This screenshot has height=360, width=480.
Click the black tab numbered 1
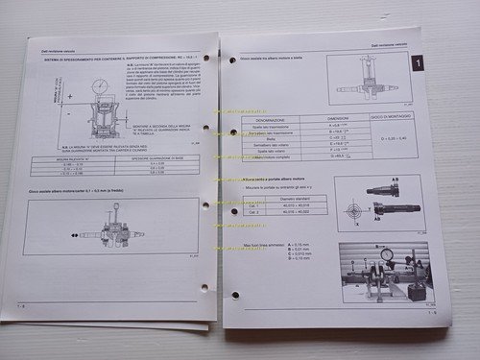pyautogui.click(x=416, y=64)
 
